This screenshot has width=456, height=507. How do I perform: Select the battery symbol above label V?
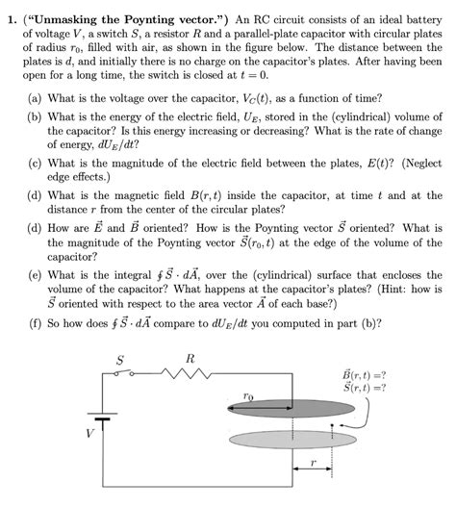pyautogui.click(x=93, y=417)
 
